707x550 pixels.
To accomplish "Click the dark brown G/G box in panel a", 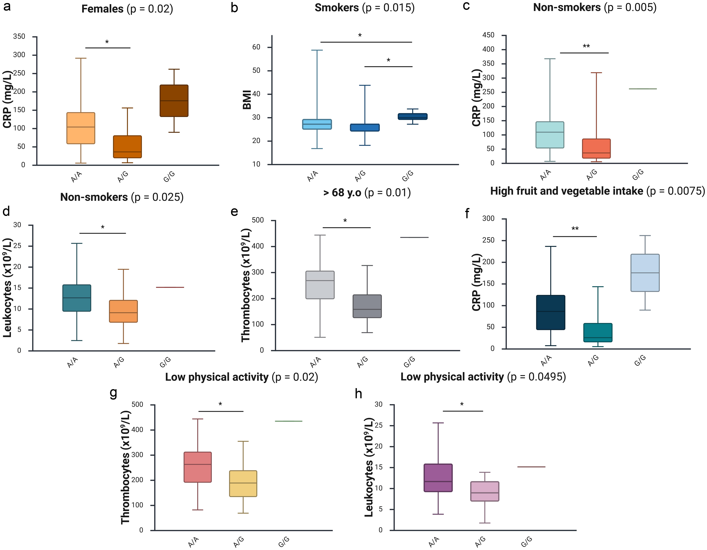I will point(174,101).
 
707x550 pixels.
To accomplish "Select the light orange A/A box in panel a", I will point(81,128).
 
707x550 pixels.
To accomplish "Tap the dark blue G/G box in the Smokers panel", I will point(412,116).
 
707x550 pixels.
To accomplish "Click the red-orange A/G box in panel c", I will point(596,148).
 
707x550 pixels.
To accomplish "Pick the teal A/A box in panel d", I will point(77,298).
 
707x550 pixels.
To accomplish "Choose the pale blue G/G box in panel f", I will point(645,273).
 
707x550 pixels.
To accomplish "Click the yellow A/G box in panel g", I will point(243,483).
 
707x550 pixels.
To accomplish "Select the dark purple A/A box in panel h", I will point(438,478).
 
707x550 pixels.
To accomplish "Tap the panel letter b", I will point(234,8).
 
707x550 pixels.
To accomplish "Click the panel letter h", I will point(358,394).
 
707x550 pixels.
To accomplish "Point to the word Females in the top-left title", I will point(102,9).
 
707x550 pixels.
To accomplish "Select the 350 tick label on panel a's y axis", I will point(19,37).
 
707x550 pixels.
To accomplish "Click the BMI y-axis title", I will point(247,100).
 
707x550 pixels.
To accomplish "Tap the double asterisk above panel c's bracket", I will point(586,46).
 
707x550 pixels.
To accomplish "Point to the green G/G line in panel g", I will point(288,421).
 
